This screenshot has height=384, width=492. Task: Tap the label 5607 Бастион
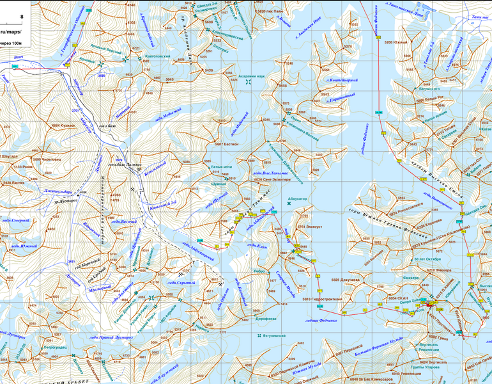pos(226,144)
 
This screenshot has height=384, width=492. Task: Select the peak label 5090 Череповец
pos(47,159)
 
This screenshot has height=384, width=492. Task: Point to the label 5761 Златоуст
pos(311,226)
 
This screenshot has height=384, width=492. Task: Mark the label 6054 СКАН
pos(397,298)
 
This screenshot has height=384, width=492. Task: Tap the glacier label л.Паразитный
pos(342,95)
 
